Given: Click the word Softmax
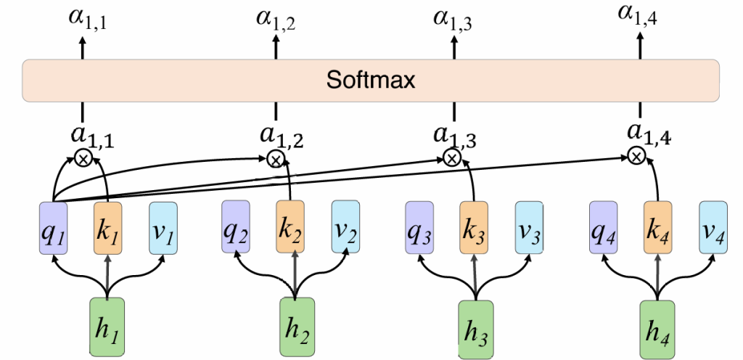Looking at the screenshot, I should pos(371,79).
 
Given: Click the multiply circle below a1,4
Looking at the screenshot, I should pos(636,155).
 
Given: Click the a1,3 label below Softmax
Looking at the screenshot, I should pos(453,134).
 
